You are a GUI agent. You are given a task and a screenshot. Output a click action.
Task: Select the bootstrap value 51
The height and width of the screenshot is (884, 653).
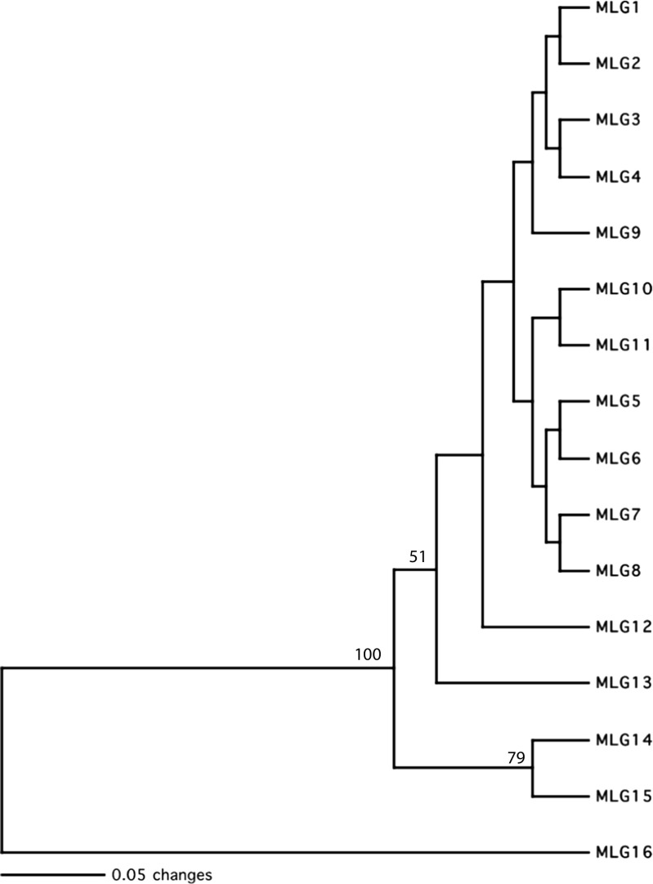coord(418,557)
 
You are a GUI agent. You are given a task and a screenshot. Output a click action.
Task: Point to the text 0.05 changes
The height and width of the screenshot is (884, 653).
coord(162,875)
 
